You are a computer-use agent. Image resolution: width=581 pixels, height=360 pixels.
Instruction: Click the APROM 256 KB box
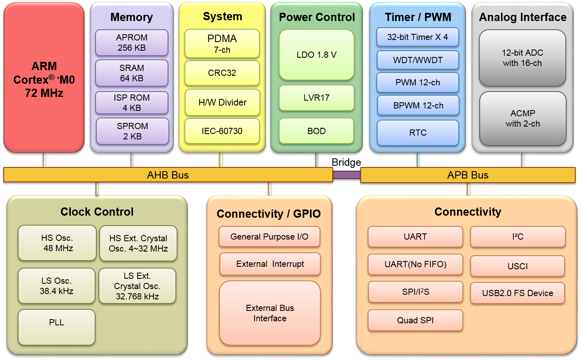coord(132,42)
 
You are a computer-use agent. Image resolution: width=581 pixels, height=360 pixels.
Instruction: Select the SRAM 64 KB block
coord(132,73)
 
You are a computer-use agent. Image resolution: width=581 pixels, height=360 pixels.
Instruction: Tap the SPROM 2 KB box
coord(133,131)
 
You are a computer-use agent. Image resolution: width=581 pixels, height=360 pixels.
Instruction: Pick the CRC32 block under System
coord(222,73)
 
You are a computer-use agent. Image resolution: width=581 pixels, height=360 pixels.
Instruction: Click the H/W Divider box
coord(222,102)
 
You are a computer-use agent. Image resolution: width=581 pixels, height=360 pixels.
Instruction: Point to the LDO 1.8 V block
coord(317,55)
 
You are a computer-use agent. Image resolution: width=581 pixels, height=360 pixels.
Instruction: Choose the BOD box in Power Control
coord(316,131)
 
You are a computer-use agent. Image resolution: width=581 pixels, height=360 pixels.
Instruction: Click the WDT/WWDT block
coord(418,60)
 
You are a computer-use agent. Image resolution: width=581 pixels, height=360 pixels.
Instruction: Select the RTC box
coord(418,133)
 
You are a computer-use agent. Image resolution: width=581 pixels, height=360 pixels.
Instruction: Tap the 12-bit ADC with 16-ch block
coord(523,58)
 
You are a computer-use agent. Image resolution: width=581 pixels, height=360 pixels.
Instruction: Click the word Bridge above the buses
coord(346,162)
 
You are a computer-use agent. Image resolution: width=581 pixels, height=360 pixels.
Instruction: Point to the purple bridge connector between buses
coord(347,175)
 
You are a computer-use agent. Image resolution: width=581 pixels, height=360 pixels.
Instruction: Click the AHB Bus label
coord(168,175)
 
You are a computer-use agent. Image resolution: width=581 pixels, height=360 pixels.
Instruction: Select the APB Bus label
coord(468,175)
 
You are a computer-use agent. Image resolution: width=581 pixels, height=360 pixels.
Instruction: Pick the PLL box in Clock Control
coord(56,327)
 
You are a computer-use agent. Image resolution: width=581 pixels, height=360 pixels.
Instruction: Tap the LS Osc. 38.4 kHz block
coord(56,286)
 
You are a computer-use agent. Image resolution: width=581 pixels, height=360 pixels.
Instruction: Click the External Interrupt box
coord(270,264)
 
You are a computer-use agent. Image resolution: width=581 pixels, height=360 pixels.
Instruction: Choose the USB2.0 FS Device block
coord(518,293)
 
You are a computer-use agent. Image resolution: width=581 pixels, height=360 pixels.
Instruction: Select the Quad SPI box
coord(415,320)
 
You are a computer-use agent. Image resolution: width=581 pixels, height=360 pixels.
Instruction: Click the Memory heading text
coord(131,17)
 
